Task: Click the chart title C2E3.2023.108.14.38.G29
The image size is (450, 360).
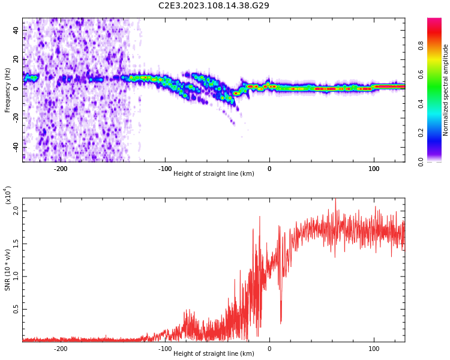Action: (x=214, y=5)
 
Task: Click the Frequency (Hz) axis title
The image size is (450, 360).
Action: (x=7, y=90)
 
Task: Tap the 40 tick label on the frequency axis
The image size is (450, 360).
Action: (x=16, y=30)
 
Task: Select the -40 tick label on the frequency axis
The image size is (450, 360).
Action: (x=16, y=147)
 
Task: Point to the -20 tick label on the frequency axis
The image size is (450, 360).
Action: (x=16, y=118)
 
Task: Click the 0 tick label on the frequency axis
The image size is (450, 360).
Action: (x=16, y=89)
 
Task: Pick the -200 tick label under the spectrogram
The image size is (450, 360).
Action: (x=60, y=169)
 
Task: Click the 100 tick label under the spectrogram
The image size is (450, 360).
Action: (x=374, y=169)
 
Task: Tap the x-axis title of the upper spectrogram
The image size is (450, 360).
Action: (x=214, y=173)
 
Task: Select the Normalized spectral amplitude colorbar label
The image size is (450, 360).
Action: (x=445, y=90)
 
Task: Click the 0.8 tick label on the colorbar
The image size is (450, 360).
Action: (x=421, y=46)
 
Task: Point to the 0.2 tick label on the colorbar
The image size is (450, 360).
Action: (x=421, y=133)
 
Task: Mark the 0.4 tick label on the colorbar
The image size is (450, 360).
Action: (x=421, y=104)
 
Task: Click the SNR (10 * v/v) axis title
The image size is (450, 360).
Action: (x=7, y=270)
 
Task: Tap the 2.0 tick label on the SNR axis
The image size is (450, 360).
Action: (x=16, y=211)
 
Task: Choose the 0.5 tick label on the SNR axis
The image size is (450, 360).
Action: (x=16, y=309)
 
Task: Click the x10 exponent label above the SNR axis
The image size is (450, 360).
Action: (x=8, y=195)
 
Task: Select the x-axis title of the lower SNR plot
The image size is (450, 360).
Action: (x=214, y=353)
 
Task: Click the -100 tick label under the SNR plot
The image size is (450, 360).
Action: (x=165, y=349)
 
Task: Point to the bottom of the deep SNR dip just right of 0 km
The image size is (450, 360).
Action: (x=281, y=323)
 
